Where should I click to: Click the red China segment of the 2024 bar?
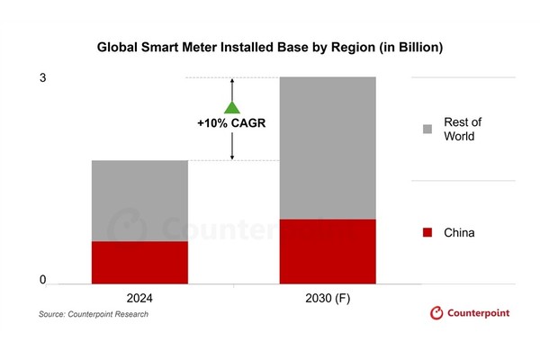[139, 262]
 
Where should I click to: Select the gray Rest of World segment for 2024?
[139, 201]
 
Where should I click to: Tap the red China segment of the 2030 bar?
[328, 251]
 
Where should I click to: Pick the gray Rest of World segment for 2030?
[328, 148]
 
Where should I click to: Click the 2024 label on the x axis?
[139, 298]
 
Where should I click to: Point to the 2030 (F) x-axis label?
[327, 298]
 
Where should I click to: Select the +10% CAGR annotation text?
[231, 123]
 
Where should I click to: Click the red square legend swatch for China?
[427, 233]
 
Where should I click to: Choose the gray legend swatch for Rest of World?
[427, 130]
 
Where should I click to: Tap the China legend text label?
[459, 233]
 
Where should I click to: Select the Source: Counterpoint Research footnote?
[94, 315]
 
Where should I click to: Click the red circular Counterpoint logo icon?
[436, 313]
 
